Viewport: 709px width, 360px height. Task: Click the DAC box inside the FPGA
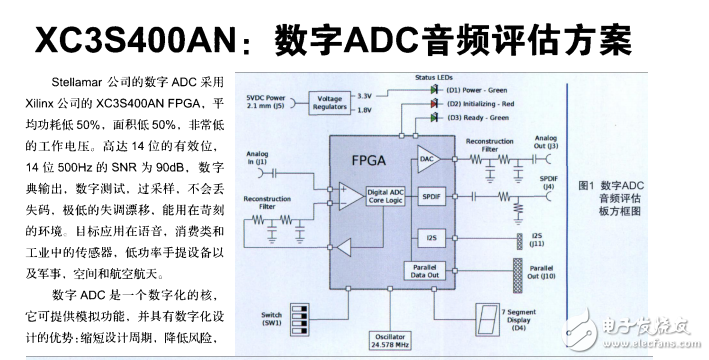coord(427,158)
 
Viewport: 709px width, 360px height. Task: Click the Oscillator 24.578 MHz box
coord(384,341)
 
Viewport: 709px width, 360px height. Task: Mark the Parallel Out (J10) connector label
coord(541,272)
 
